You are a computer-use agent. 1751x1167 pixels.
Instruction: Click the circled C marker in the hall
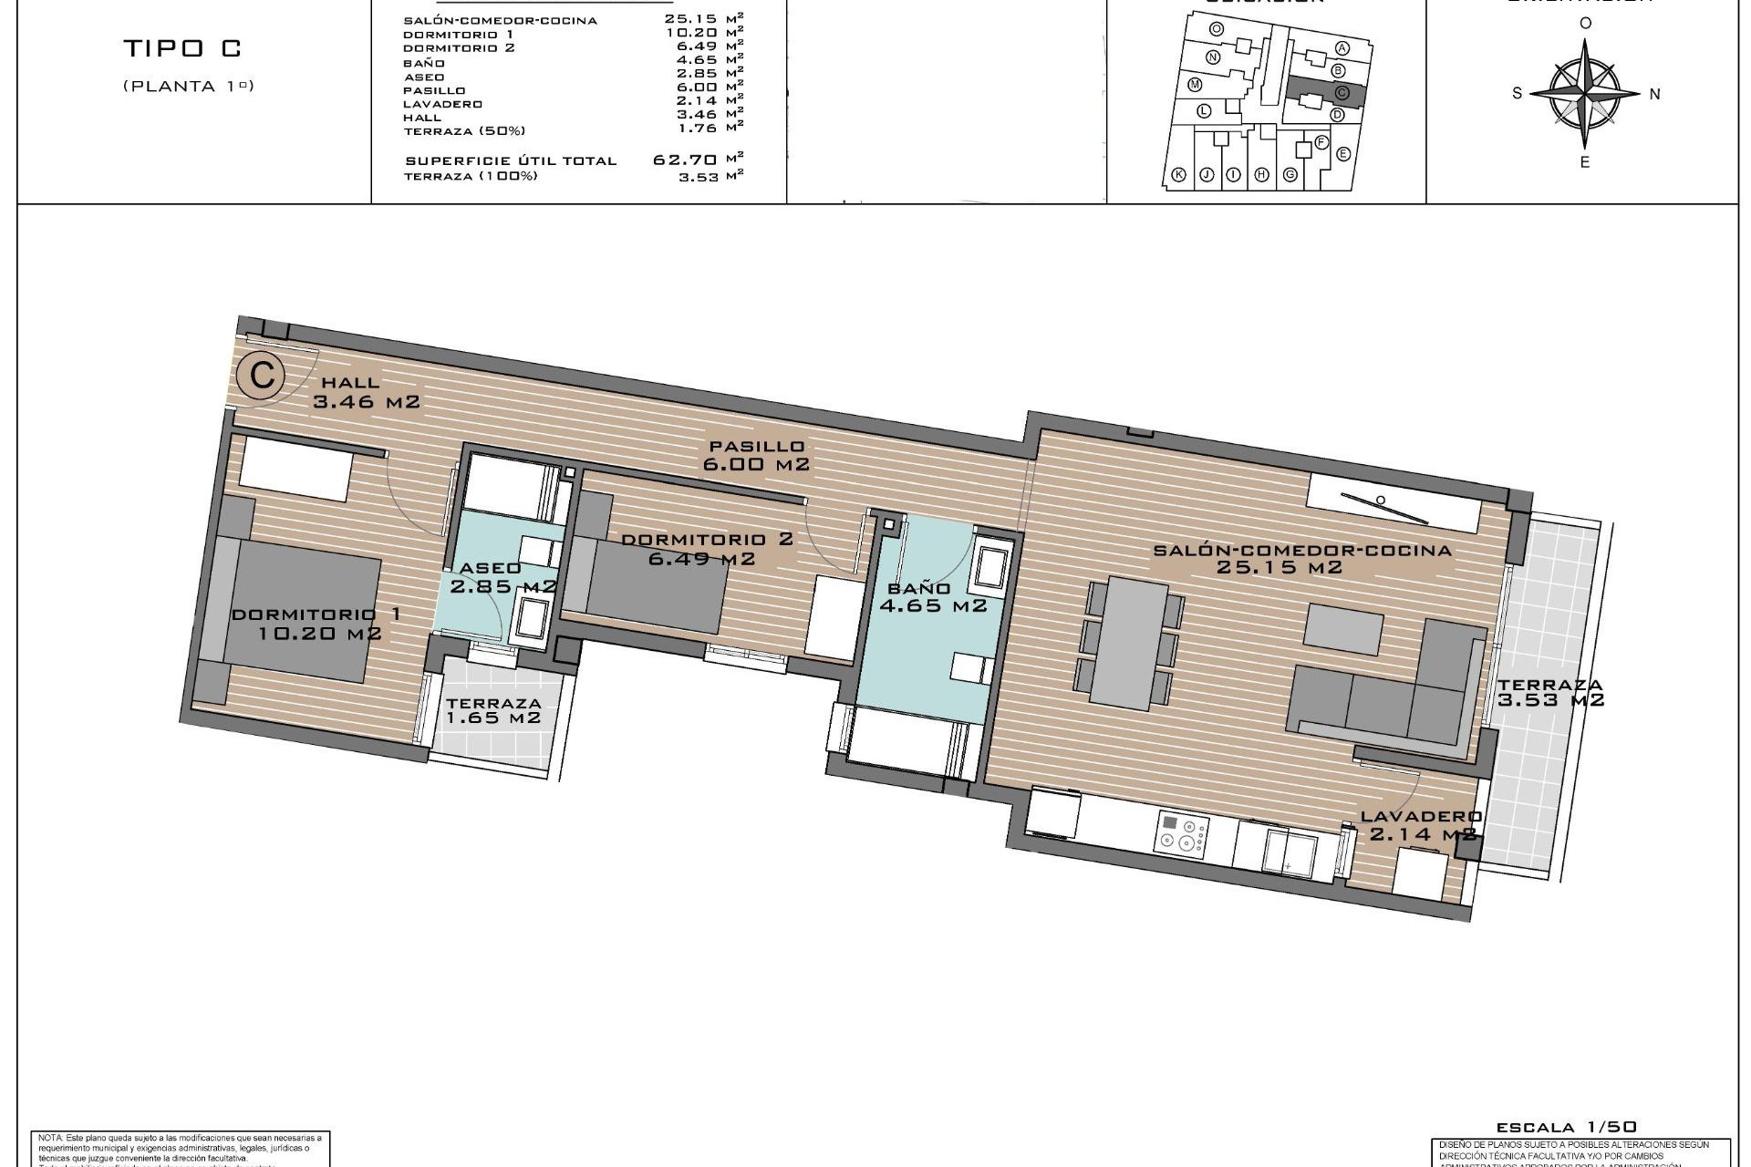[x=262, y=376]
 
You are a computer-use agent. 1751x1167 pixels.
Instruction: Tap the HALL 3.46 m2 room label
[x=365, y=392]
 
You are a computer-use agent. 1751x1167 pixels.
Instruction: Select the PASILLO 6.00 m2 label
[x=756, y=455]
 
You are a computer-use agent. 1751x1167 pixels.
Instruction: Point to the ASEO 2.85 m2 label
[x=503, y=577]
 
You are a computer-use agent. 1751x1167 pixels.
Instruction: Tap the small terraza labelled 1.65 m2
[x=493, y=710]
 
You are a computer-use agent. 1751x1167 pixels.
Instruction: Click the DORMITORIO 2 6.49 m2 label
[x=706, y=548]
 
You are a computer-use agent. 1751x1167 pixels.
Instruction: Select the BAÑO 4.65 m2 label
[x=931, y=597]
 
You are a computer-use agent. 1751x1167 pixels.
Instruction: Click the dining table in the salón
[x=1129, y=644]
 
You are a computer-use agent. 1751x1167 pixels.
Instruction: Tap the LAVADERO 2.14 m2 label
[x=1421, y=825]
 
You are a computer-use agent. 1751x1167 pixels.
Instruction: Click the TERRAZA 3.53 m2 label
[x=1549, y=693]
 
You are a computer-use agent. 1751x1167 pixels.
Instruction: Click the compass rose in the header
[x=1585, y=93]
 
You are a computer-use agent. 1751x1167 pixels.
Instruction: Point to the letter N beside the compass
[x=1655, y=94]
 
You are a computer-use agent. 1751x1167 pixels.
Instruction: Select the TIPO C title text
[x=182, y=49]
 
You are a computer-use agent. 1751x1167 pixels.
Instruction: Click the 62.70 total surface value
[x=684, y=160]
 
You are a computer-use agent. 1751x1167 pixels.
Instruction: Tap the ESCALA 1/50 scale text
[x=1566, y=1127]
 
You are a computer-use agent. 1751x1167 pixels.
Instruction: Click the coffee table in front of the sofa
[x=1343, y=629]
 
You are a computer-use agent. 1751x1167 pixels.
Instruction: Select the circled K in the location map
[x=1178, y=175]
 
